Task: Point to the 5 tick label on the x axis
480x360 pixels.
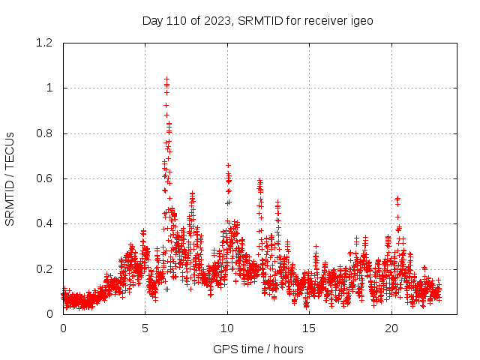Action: point(145,328)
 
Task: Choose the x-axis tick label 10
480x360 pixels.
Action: point(227,328)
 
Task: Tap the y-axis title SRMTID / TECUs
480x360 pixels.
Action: point(10,178)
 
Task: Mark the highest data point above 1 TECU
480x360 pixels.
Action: point(166,78)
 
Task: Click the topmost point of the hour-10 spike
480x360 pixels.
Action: point(228,165)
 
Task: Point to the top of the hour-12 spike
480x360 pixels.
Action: point(259,180)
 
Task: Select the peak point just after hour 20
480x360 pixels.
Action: point(397,198)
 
